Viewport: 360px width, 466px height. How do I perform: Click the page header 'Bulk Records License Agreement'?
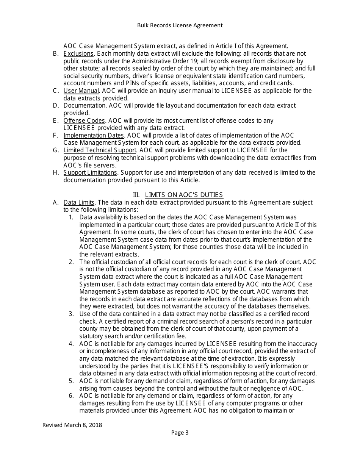point(180,25)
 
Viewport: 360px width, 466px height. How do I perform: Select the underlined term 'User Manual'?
point(81,91)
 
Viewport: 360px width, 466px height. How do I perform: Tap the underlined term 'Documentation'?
point(85,105)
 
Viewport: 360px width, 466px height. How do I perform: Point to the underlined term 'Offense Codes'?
point(84,120)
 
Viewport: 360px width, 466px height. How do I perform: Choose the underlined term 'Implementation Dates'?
point(94,135)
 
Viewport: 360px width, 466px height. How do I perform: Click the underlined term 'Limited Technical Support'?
point(100,150)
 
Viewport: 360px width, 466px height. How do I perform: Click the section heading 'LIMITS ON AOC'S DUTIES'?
point(184,195)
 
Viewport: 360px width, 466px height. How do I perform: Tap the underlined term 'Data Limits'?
point(79,202)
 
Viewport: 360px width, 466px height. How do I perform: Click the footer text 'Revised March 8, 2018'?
point(72,425)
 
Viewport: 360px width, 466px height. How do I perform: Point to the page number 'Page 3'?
point(180,433)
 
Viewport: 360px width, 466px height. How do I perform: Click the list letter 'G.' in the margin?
point(56,150)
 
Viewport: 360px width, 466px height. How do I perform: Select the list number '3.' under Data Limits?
point(71,314)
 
